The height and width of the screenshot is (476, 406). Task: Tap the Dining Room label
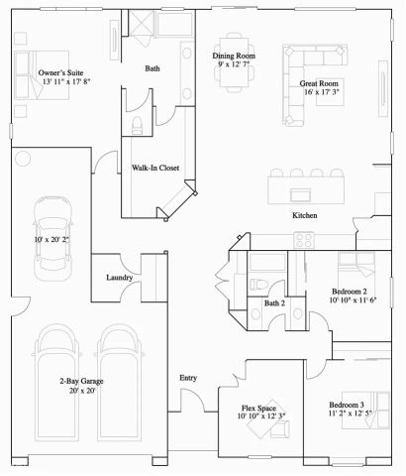236,56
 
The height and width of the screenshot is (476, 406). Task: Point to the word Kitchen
304,216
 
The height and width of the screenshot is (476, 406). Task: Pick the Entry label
188,378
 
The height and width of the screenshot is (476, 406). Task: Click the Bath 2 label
274,303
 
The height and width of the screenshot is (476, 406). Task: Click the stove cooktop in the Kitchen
303,239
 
